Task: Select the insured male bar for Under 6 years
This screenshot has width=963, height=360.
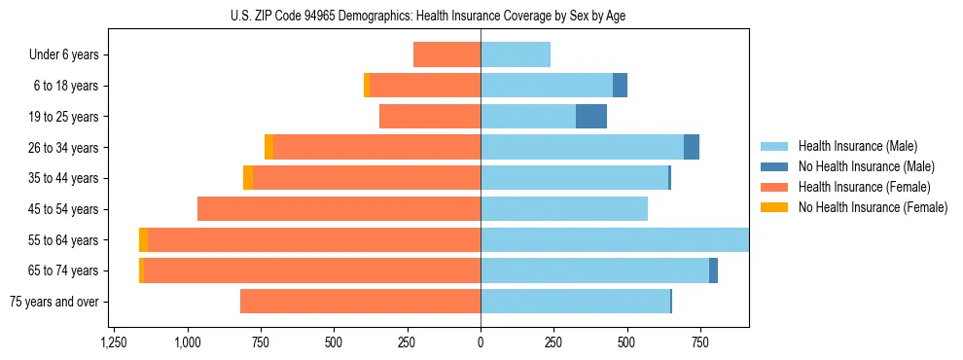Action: point(516,54)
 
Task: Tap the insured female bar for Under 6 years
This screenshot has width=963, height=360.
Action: point(446,54)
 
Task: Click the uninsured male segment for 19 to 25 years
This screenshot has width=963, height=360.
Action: point(591,117)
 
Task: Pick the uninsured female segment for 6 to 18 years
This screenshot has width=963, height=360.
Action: point(367,86)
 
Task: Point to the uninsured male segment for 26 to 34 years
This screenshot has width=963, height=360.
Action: point(692,147)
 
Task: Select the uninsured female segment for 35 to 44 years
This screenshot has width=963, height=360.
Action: point(248,178)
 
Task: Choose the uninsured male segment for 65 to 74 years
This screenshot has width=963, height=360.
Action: point(713,270)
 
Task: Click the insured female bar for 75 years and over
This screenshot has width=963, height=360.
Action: point(360,302)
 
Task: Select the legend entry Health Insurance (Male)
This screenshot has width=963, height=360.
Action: point(857,146)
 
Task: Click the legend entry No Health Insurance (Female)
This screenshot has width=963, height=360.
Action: point(873,207)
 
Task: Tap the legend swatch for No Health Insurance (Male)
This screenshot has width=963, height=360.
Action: point(774,166)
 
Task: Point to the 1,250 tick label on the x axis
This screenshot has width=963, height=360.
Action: point(114,342)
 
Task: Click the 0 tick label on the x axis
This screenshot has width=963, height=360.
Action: point(481,342)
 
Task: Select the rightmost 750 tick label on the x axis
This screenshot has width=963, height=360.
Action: point(699,342)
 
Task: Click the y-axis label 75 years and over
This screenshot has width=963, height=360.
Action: point(53,302)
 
